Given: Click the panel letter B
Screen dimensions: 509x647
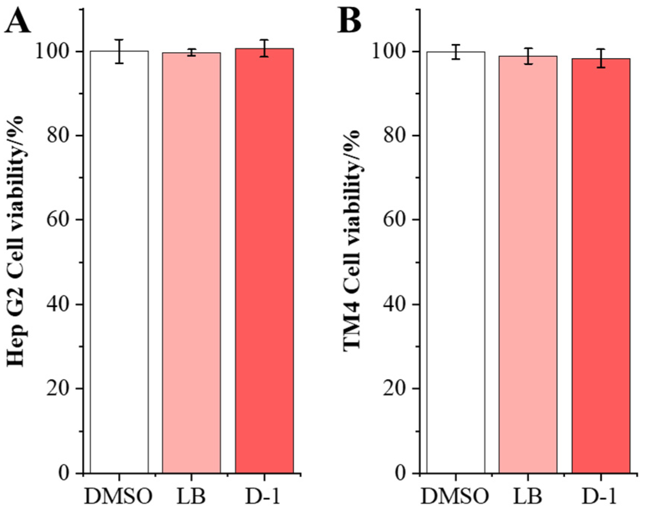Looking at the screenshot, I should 349,21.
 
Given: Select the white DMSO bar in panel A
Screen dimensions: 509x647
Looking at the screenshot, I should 119,263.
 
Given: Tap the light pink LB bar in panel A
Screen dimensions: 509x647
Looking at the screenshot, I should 191,263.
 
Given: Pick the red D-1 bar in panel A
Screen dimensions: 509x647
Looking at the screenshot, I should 265,263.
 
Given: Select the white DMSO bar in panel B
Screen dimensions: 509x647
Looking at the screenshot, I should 456,263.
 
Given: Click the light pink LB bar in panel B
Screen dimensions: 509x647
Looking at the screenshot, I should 528,263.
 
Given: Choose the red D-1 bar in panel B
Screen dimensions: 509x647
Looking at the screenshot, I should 601,263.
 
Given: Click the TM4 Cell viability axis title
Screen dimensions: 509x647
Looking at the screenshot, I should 352,240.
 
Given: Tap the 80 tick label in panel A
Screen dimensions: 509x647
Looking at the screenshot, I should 59,135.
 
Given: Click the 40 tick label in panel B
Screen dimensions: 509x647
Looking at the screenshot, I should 395,304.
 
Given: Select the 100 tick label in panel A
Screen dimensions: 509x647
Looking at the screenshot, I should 53,51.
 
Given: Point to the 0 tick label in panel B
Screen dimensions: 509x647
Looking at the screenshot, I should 402,473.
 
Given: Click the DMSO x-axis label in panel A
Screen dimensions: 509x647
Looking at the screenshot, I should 118,496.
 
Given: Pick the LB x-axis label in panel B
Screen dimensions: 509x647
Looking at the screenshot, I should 528,496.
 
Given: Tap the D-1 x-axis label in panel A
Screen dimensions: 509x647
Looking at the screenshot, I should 263,496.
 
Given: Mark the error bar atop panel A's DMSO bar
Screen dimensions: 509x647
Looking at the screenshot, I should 119,51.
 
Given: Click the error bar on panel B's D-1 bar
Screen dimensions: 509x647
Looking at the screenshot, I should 601,58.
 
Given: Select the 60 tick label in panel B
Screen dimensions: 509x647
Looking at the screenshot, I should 395,219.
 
